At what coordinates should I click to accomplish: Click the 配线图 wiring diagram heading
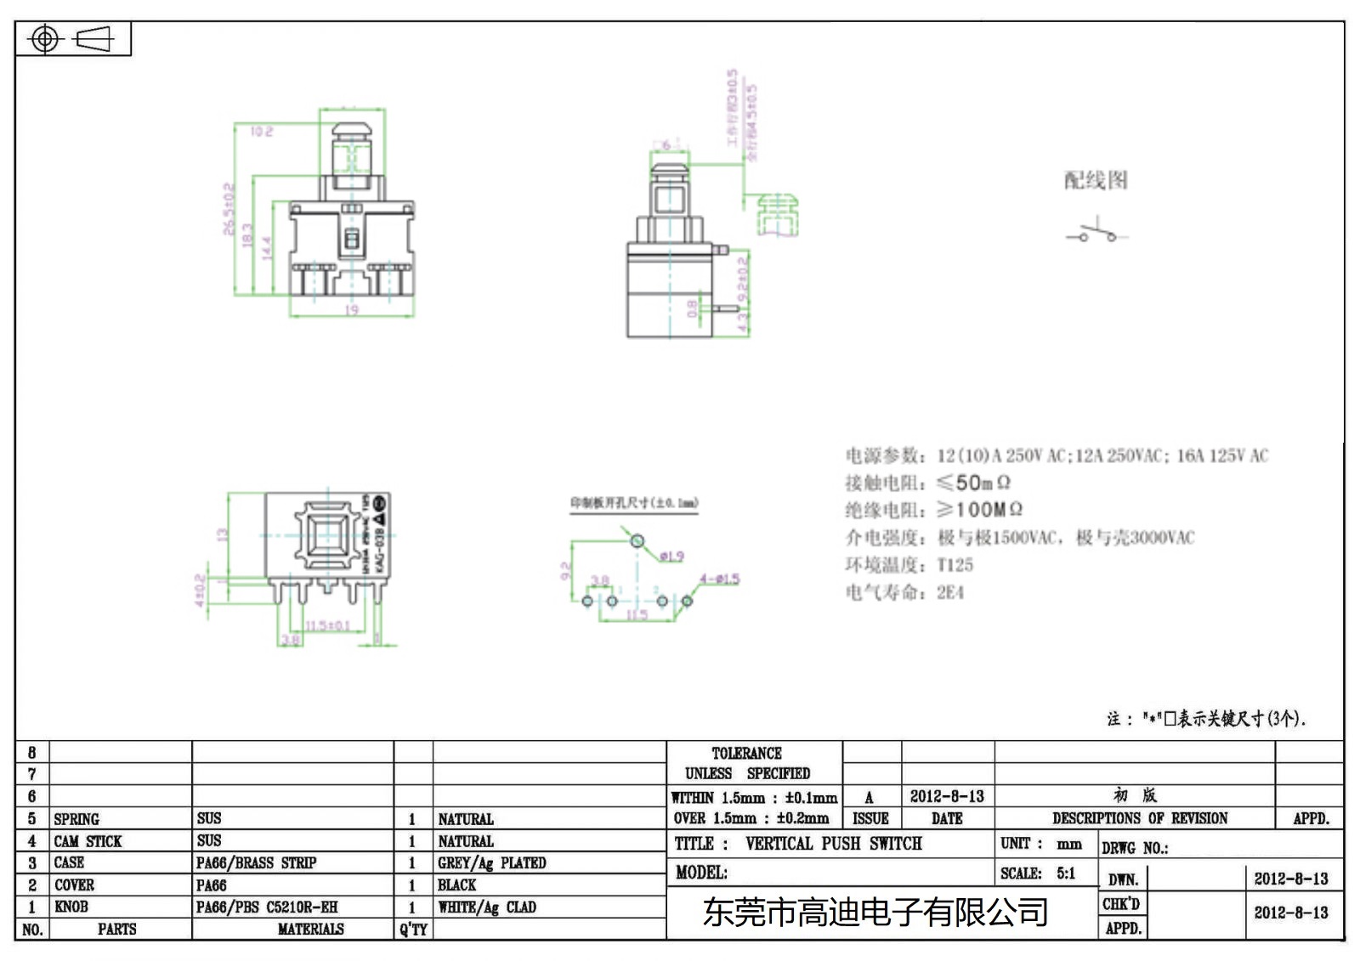point(1096,180)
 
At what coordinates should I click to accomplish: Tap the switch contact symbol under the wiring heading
point(1096,232)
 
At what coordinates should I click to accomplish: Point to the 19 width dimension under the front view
point(352,310)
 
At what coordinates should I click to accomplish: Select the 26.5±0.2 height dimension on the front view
point(228,209)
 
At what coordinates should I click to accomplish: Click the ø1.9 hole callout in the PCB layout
point(671,557)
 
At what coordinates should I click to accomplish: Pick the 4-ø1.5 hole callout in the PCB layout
point(719,579)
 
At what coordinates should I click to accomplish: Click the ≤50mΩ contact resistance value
point(973,483)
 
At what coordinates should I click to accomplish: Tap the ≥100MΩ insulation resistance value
point(979,510)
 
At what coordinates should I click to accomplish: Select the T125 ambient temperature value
point(955,565)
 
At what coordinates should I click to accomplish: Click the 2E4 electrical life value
point(950,592)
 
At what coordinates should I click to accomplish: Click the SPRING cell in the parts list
point(76,819)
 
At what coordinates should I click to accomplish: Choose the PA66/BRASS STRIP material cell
point(256,863)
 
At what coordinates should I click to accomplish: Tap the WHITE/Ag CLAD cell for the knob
point(487,907)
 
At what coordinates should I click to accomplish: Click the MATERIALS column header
point(310,930)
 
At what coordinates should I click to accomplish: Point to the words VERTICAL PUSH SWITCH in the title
point(833,844)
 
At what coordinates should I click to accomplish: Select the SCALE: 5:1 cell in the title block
point(1038,873)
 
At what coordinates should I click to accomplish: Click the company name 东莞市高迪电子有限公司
point(875,913)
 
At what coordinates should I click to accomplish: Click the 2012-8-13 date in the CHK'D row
point(1290,913)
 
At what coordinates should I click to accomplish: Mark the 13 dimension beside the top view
point(223,535)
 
